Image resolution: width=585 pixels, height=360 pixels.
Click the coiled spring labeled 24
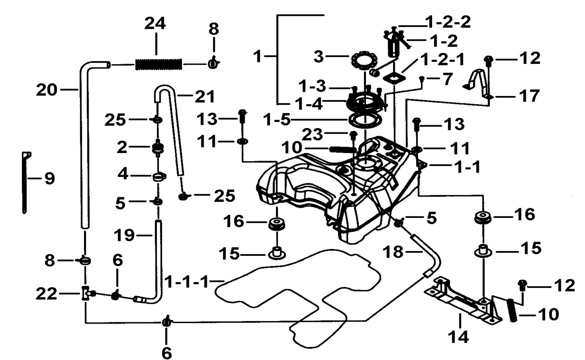[159, 64]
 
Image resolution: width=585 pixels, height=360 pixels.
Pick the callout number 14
[459, 337]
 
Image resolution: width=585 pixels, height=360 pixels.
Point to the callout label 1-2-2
[448, 22]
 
